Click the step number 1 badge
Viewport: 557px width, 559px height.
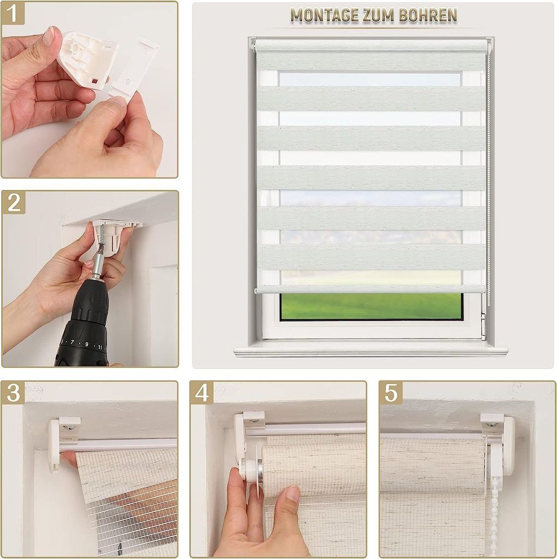coord(13,13)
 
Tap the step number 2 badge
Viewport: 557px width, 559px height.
coord(14,203)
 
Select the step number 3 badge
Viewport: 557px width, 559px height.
coord(13,393)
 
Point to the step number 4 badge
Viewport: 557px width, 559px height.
coord(202,393)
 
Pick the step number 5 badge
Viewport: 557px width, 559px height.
coord(391,393)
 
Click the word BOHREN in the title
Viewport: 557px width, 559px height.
coord(428,15)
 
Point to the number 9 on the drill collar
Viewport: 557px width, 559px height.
coord(86,344)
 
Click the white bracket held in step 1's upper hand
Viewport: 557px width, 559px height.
coord(87,55)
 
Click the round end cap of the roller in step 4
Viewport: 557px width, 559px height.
coord(252,471)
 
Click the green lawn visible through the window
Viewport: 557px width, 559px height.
coord(370,306)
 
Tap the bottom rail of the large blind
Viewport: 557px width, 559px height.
coord(370,289)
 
